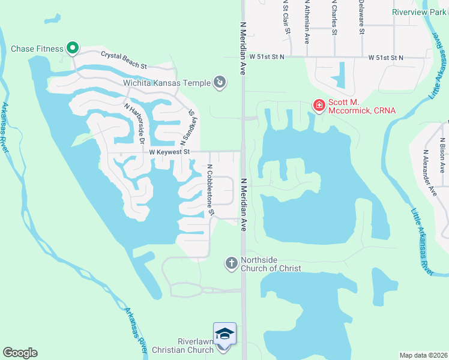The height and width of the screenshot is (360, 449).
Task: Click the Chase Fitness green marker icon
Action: pos(73,47)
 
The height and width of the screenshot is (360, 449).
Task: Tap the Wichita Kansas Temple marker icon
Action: pos(220,82)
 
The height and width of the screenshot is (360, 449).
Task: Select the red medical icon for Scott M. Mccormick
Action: pos(319,106)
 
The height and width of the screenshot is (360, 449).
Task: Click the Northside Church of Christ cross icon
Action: pos(231,263)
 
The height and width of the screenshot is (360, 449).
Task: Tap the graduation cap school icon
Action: pos(224,334)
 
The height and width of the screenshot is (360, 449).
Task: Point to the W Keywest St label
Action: pos(169,152)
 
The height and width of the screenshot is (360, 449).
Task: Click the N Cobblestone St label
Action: pos(210,190)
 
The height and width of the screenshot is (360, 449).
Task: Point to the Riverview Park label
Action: pos(418,12)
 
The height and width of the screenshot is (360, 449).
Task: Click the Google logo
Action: pos(20,353)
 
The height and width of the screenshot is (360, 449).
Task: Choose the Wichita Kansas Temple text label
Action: pos(167,83)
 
